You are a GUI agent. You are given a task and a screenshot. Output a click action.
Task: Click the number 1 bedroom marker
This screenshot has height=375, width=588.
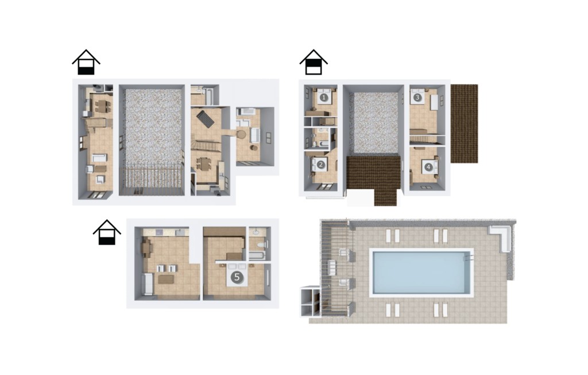click(324, 98)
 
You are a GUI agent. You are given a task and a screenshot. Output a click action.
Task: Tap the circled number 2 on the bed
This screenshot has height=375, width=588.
click(320, 164)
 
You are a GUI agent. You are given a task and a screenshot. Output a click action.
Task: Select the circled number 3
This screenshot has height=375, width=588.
click(417, 98)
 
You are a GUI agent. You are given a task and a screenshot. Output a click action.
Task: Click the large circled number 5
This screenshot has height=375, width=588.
click(237, 277)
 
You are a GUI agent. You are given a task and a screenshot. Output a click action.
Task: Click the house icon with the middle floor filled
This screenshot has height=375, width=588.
click(314, 62)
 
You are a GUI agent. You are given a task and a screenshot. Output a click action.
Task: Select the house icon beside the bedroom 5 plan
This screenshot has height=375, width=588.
click(107, 232)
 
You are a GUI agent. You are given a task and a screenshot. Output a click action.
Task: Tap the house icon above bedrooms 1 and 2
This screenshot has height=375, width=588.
click(314, 62)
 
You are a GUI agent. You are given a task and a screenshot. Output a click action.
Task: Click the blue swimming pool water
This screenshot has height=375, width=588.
click(421, 273)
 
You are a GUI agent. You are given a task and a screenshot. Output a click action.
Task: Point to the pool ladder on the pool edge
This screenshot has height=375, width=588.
click(469, 258)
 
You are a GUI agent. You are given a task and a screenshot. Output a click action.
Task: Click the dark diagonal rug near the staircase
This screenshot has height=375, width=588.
click(206, 118)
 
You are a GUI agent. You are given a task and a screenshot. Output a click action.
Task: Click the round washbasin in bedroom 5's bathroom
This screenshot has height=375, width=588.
click(257, 232)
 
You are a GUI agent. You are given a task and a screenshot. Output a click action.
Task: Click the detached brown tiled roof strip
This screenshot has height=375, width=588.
click(464, 124)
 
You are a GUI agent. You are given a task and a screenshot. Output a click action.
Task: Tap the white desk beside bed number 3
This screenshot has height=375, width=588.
click(434, 102)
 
